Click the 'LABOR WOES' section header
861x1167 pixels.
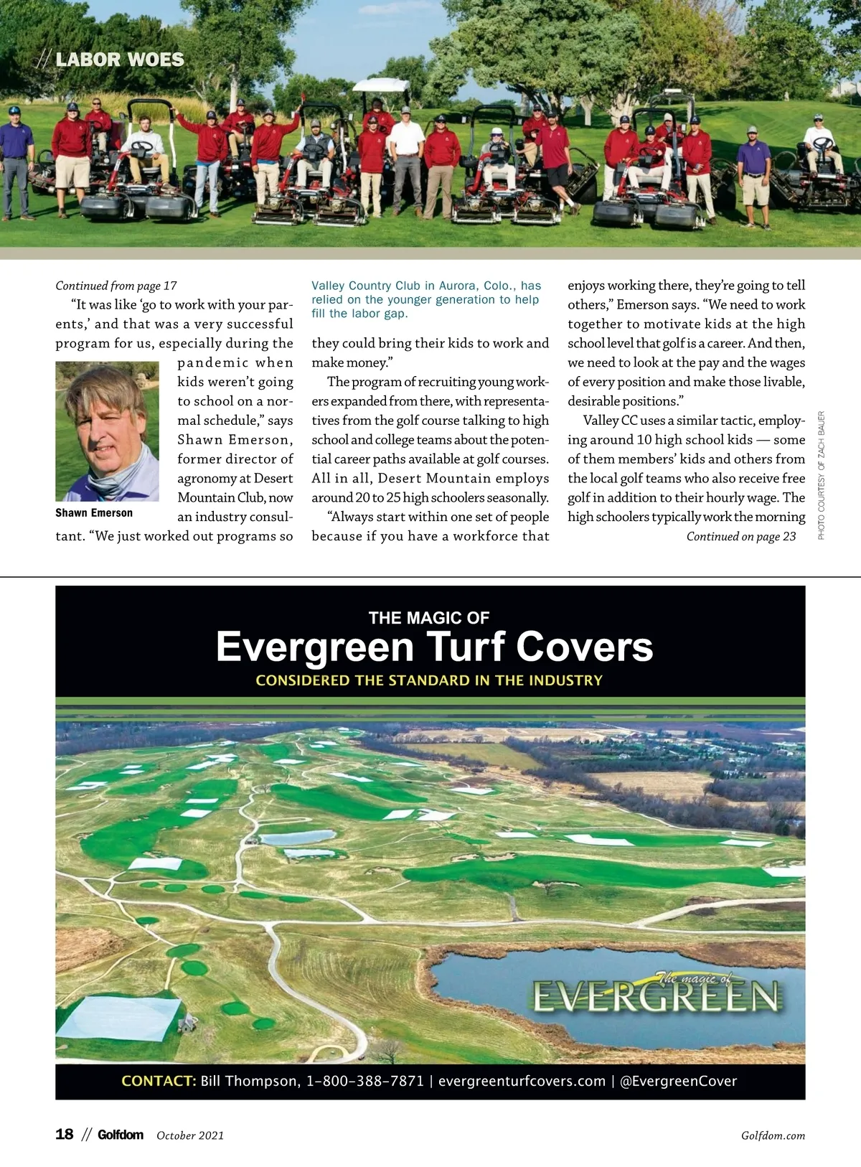119,60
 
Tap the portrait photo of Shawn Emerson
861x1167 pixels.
107,431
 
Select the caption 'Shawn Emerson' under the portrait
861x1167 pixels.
94,513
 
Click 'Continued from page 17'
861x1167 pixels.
116,286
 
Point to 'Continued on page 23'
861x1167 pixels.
740,537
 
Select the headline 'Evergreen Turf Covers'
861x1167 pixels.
434,647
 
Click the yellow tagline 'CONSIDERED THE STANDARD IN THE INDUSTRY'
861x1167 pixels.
429,680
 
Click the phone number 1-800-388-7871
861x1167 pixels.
365,1081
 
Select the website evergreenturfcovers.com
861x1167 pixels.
522,1081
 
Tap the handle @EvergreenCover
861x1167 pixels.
678,1081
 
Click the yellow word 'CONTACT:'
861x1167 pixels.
159,1081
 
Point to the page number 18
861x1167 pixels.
65,1134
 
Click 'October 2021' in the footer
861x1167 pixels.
190,1135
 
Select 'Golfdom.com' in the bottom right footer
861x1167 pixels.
773,1135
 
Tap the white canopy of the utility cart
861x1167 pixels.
382,85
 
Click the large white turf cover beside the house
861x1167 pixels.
118,1016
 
